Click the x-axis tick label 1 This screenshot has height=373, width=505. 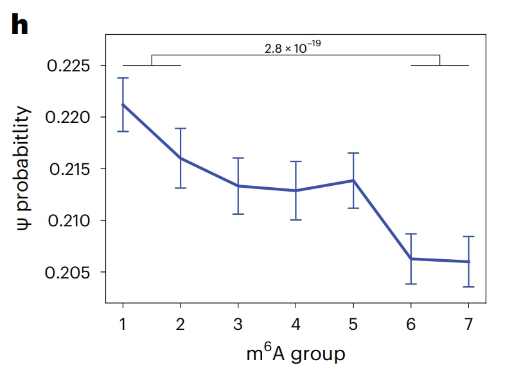click(122, 323)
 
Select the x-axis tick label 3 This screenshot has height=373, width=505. click(238, 323)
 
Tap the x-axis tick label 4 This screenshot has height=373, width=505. click(296, 323)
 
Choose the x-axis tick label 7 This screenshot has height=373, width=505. click(468, 323)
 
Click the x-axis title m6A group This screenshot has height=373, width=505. click(295, 353)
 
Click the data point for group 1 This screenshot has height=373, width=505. click(122, 104)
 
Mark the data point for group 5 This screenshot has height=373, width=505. click(353, 180)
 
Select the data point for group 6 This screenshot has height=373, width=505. click(411, 259)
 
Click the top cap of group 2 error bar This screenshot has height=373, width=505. click(180, 129)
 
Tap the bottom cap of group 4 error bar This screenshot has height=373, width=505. click(296, 220)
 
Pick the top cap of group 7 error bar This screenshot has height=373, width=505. click(468, 237)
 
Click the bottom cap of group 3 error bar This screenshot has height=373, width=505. click(238, 214)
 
